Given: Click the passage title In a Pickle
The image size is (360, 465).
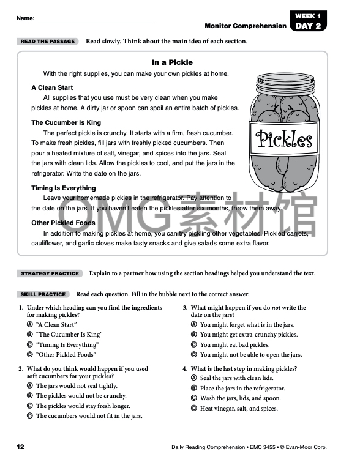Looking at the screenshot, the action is click(x=172, y=62).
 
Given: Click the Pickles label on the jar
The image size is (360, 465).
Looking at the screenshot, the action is click(x=284, y=139).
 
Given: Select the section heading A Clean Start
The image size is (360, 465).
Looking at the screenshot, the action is click(x=52, y=87).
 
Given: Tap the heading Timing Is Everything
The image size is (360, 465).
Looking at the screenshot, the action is click(x=64, y=188).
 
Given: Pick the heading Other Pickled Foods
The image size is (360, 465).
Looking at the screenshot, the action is click(x=63, y=223).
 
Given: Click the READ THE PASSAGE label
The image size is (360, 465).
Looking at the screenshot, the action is click(x=48, y=42).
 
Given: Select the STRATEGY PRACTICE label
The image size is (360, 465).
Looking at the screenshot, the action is click(x=50, y=273).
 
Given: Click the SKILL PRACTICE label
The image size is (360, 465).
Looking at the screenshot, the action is click(x=43, y=294).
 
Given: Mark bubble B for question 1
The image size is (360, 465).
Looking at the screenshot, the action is click(x=29, y=335).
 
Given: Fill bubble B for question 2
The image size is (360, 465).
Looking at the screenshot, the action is click(x=29, y=396).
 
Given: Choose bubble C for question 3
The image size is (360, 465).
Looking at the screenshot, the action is click(x=193, y=344).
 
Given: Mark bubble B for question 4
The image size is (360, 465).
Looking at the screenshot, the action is click(x=193, y=389).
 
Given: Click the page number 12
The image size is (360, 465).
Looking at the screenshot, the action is click(x=20, y=447).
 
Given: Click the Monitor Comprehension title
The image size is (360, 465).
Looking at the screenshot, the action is click(x=246, y=26).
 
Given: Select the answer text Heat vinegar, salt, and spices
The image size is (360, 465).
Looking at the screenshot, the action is click(x=239, y=408).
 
